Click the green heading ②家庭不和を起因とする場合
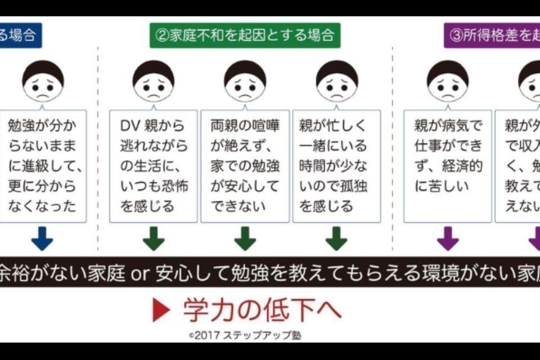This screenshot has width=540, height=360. pos(245,35)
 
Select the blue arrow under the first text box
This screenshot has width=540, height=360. pos(42,238)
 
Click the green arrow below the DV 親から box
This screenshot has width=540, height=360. pos(154,238)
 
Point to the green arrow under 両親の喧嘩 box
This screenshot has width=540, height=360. pos(245,238)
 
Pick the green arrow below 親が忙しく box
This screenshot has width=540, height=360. pos(336,238)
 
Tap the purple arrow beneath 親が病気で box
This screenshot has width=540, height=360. pos(448,238)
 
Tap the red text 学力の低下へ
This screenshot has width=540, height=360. pos(262,310)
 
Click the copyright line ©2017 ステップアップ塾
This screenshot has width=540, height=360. pos(245,335)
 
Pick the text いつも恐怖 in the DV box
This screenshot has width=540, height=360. pos(154,186)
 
